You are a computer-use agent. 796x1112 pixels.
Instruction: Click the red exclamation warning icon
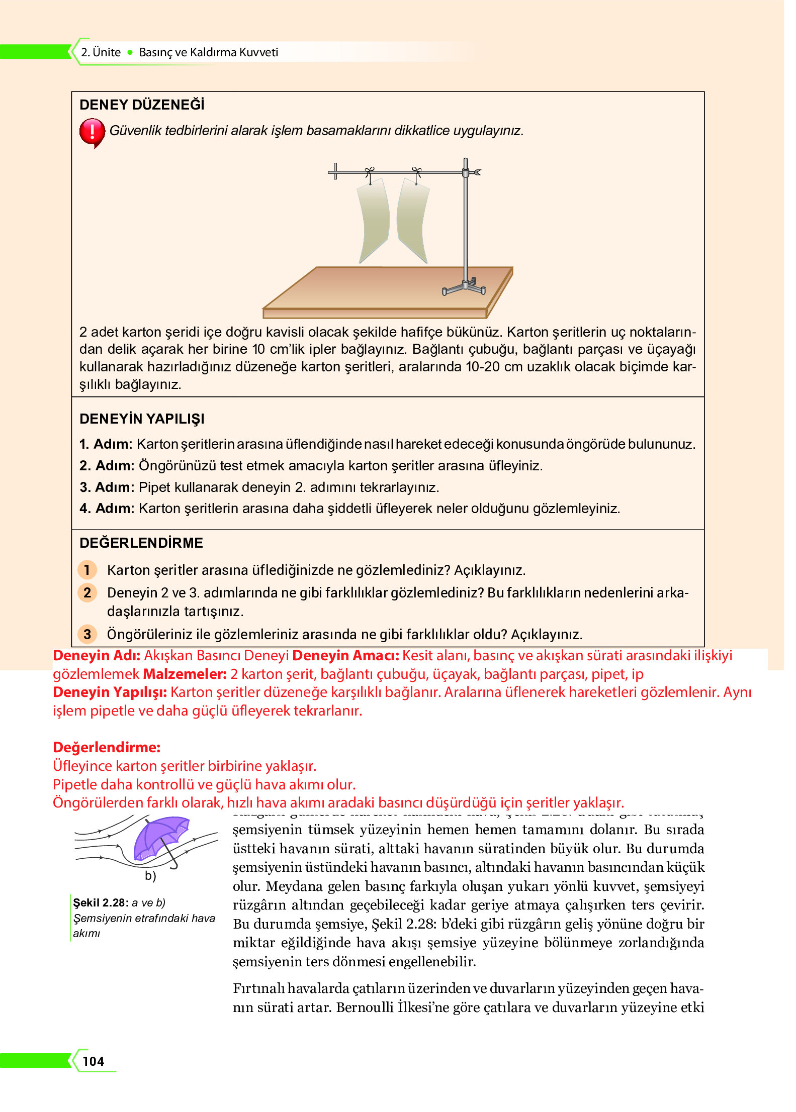92,133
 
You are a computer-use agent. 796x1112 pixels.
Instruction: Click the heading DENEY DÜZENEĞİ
142,105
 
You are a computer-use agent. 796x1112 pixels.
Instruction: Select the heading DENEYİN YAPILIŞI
142,419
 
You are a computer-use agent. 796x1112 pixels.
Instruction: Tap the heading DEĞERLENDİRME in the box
141,543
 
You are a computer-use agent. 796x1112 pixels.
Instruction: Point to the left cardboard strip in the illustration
374,221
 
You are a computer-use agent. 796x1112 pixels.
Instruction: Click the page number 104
94,1061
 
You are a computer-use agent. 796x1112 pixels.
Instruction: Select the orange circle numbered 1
87,570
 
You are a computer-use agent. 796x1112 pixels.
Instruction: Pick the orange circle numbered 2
87,592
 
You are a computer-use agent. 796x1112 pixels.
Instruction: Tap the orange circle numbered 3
87,634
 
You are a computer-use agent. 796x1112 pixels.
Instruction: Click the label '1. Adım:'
106,444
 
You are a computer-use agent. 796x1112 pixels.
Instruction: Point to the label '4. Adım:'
107,509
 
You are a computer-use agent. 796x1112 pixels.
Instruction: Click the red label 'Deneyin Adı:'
97,656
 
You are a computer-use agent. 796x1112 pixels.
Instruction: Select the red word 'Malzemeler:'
185,674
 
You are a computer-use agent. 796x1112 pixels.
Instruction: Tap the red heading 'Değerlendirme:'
107,747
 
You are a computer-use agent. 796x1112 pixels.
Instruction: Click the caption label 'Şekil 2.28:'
101,902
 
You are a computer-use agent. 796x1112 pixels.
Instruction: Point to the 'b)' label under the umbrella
150,876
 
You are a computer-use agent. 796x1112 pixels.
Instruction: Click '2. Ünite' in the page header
101,52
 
